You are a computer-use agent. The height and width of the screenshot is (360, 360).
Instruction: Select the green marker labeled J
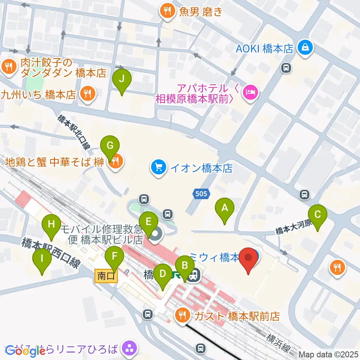tap(122, 79)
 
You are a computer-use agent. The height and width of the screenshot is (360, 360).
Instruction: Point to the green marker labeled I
tap(42, 258)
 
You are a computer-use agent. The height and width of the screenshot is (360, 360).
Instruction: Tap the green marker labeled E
tap(148, 222)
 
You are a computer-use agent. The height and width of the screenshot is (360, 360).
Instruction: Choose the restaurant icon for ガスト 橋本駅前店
tap(183, 315)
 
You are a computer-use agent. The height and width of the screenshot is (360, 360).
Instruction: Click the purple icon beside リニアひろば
tap(130, 348)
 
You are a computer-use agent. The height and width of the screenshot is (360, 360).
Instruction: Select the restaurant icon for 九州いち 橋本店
tap(87, 93)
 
